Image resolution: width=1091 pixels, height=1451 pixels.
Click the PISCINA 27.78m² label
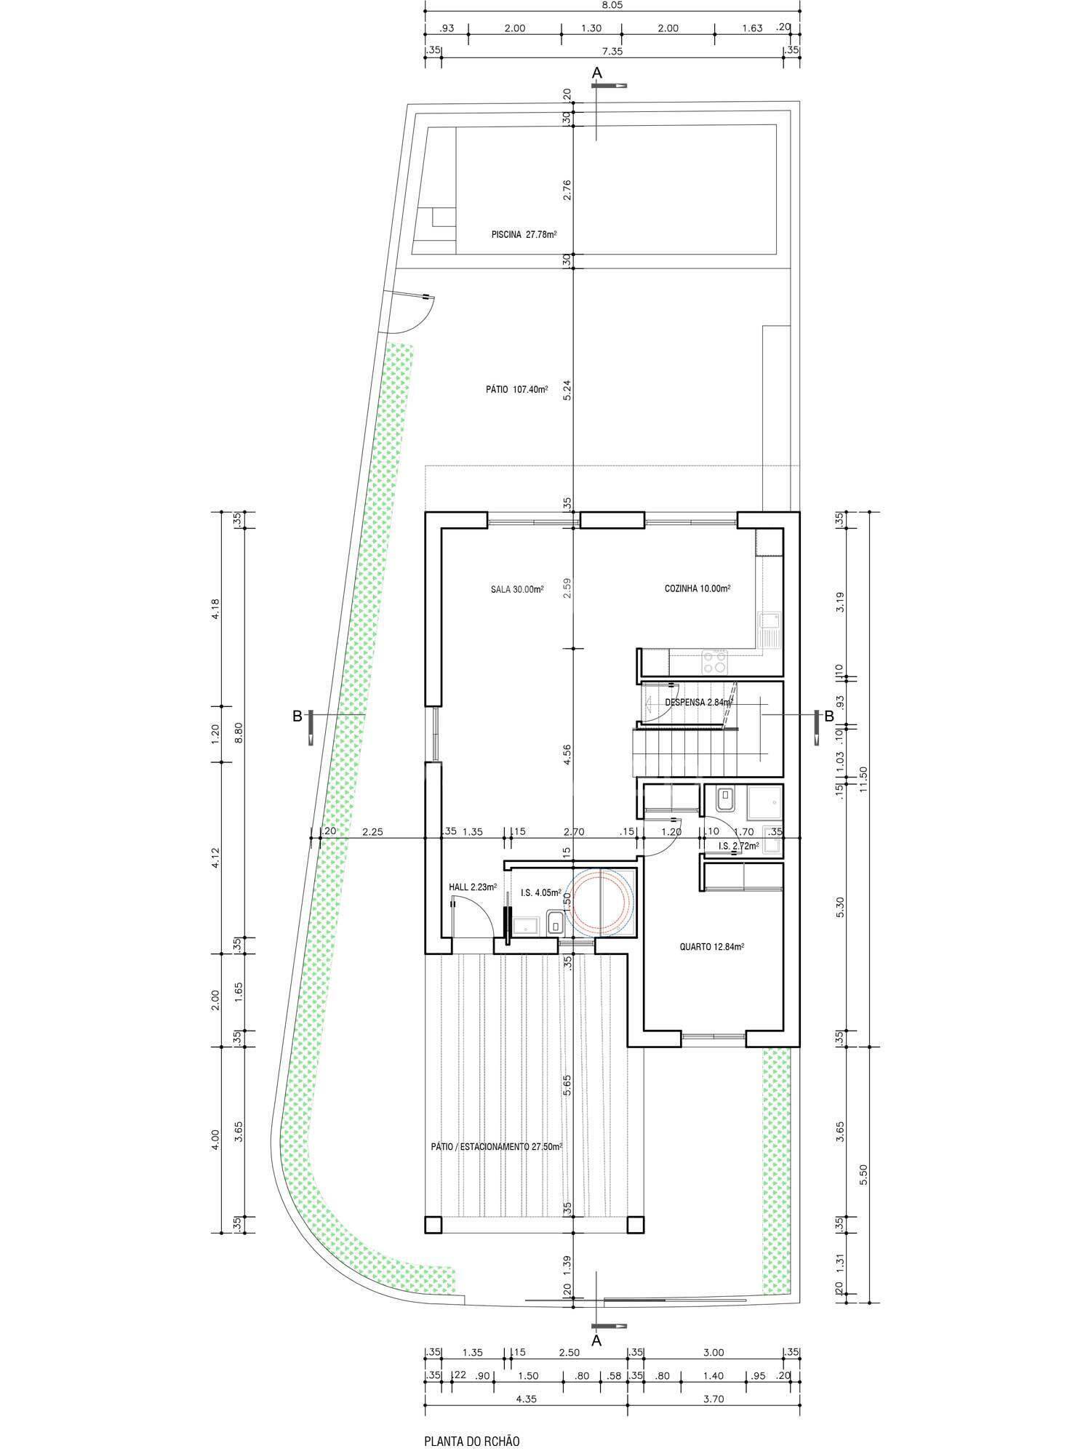[524, 234]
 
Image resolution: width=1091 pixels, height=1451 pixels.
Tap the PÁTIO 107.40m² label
[516, 389]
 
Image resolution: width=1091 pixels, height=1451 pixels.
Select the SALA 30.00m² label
[517, 589]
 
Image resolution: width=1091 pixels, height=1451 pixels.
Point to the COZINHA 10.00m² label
[698, 588]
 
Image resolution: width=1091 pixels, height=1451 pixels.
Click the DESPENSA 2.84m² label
[698, 703]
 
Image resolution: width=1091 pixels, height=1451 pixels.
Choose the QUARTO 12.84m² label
[711, 947]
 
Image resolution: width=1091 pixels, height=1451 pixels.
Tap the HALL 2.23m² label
[473, 887]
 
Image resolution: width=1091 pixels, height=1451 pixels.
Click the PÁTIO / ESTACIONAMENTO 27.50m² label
[497, 1146]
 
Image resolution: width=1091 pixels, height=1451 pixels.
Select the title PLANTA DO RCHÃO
[472, 1420]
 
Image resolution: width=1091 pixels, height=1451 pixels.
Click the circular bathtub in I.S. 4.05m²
[601, 901]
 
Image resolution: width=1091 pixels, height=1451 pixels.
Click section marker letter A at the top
[597, 73]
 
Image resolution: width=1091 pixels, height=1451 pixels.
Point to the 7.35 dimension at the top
[612, 52]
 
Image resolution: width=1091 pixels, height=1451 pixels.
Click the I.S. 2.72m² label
[738, 846]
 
